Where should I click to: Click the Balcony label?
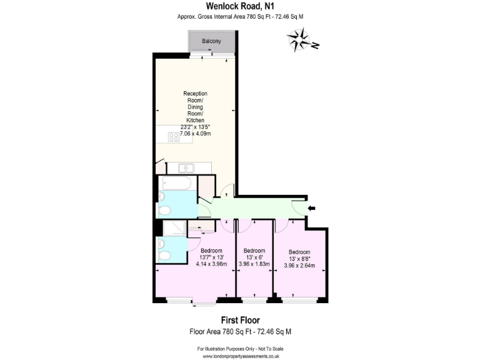click(x=211, y=41)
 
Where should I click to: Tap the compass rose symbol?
click(x=302, y=42)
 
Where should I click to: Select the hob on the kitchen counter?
click(x=173, y=137)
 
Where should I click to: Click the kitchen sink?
click(x=186, y=167)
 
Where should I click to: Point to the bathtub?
click(x=177, y=183)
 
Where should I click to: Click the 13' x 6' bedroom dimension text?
click(x=254, y=257)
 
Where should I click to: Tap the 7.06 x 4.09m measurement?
click(x=195, y=134)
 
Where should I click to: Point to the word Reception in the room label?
click(x=195, y=94)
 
